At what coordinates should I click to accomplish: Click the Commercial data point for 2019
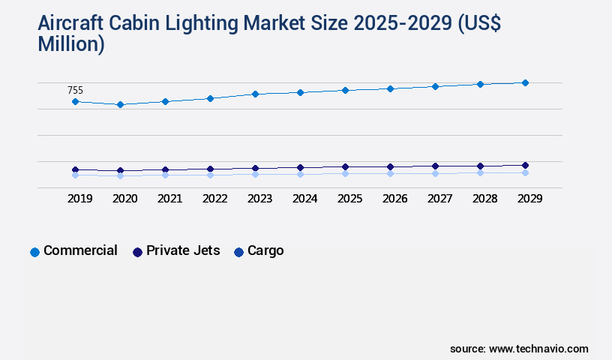coord(75,101)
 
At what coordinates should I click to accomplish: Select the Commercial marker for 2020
coord(120,104)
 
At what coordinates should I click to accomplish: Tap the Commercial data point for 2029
coord(525,82)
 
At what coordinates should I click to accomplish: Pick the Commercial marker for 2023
coord(255,94)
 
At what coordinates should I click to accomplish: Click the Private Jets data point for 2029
coord(525,165)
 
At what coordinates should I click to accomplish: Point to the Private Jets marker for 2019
coord(75,169)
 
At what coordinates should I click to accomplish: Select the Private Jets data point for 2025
coord(345,166)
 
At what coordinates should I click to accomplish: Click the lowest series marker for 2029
coord(525,172)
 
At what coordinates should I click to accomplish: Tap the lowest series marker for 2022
coord(210,175)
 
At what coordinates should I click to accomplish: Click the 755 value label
coord(75,91)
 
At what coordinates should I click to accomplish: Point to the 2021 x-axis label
coord(169,199)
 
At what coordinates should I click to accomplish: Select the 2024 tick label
coord(304,199)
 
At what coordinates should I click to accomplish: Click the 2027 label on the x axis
coord(439,199)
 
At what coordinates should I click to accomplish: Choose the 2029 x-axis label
coord(529,199)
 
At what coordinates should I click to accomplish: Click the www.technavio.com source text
coord(538,349)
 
